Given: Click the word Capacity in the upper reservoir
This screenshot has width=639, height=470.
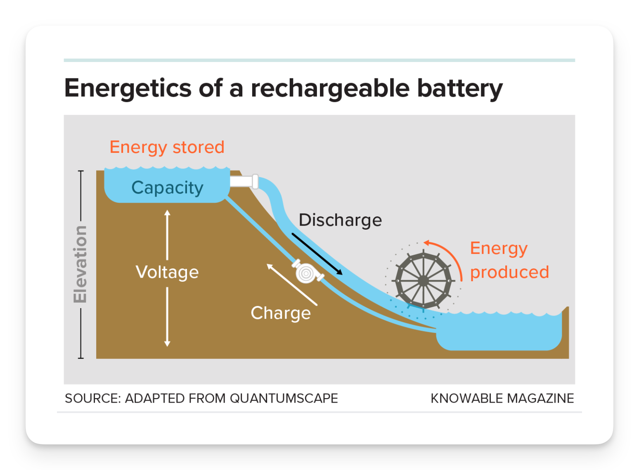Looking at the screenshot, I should pos(167,188).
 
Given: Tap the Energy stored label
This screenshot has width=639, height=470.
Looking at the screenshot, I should pos(167,147).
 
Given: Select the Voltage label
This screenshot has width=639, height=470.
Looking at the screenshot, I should pos(167,273).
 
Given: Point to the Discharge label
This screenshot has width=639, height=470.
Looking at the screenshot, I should pos(340,220).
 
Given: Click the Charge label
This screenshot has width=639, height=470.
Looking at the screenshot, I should pos(281,313).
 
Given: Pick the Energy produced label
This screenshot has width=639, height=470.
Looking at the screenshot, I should pos(509,260).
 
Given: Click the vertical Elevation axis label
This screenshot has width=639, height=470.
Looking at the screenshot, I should pos(80,264).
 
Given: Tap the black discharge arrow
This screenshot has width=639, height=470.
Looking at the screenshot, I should pos(317,254).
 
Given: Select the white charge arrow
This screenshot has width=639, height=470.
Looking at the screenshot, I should pos(291,284).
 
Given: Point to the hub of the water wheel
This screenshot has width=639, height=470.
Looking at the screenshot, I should pos(423,281).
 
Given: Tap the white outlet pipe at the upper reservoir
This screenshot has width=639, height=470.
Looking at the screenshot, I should pos(244,181).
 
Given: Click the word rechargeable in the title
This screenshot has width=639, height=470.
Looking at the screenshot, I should pos(330,88).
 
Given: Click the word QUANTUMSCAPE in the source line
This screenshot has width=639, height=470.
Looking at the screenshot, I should pos(284,399).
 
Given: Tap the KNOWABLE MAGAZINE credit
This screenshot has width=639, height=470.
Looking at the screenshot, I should pos(502,399).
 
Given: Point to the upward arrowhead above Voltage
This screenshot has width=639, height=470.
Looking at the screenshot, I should pos(167,212).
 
